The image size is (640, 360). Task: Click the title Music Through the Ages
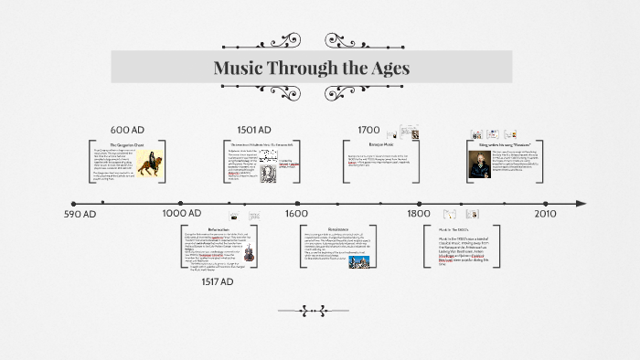pos(311,69)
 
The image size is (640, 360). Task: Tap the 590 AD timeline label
pos(80,214)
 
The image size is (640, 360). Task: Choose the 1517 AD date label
pos(218,282)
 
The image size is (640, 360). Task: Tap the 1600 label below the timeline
pos(296,213)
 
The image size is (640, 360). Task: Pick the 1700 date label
pos(368,129)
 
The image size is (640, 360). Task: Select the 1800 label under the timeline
pos(418,213)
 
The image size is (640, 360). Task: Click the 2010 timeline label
pos(545,213)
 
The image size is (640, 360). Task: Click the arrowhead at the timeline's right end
pos(579,202)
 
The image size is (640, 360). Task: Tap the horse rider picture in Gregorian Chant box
pos(150,165)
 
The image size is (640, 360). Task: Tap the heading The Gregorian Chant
pos(128,144)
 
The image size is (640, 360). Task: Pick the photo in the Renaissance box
pos(357,260)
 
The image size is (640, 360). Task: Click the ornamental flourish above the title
pos(312,41)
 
